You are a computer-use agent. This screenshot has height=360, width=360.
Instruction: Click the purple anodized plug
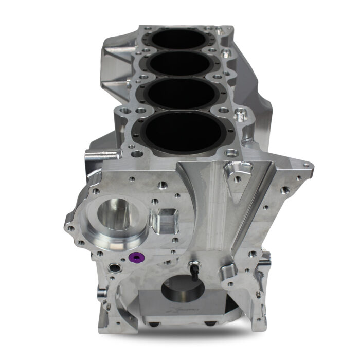(x=137, y=258)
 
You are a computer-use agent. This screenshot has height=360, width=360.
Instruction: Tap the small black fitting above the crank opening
(x=194, y=269)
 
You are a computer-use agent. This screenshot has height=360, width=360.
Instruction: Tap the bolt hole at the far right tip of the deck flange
(x=307, y=165)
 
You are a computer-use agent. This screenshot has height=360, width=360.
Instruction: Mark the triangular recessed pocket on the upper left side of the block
(x=116, y=54)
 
